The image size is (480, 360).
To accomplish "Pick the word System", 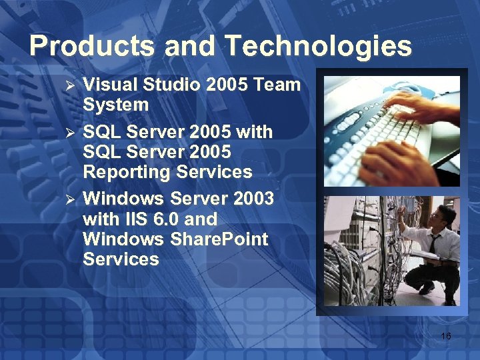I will pyautogui.click(x=115, y=105).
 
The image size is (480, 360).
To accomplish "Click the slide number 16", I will pyautogui.click(x=445, y=336).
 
